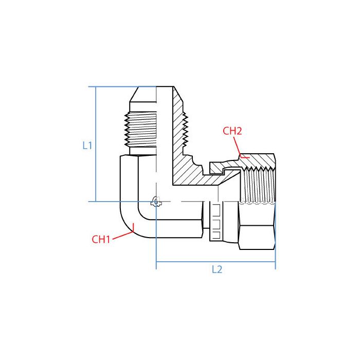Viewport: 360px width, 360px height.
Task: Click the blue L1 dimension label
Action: click(x=87, y=146)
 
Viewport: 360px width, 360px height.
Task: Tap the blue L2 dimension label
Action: click(x=217, y=269)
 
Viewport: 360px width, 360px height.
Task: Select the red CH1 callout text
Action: click(x=101, y=239)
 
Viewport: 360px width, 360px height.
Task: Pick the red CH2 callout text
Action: click(x=232, y=131)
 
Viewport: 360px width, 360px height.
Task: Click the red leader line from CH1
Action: click(x=122, y=236)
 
